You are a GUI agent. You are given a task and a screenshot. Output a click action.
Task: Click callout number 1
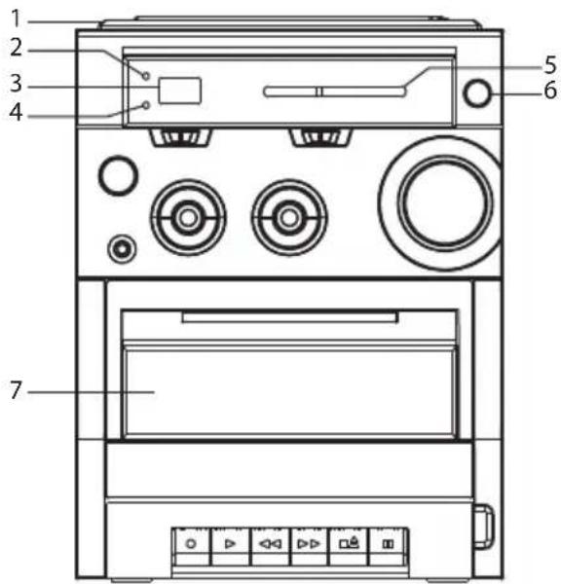pyautogui.click(x=16, y=18)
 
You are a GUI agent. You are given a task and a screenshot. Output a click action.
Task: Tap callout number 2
pyautogui.click(x=16, y=48)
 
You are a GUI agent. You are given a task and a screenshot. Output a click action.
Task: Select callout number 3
pyautogui.click(x=16, y=84)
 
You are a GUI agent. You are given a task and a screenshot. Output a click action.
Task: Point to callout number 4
pyautogui.click(x=16, y=112)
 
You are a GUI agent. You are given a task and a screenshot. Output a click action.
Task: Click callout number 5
pyautogui.click(x=550, y=65)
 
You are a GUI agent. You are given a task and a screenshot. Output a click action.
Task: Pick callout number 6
pyautogui.click(x=550, y=90)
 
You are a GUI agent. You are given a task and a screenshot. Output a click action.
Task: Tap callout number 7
pyautogui.click(x=16, y=390)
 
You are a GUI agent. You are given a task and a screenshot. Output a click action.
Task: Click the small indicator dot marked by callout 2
pyautogui.click(x=146, y=76)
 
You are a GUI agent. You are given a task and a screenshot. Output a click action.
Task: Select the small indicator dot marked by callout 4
pyautogui.click(x=146, y=105)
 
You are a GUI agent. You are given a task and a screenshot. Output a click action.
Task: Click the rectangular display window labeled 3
pyautogui.click(x=180, y=91)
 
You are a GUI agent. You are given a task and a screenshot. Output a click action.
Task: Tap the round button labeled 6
pyautogui.click(x=477, y=92)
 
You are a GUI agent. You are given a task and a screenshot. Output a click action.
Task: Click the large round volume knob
pyautogui.click(x=445, y=203)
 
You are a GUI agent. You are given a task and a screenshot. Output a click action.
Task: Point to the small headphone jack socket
pyautogui.click(x=122, y=248)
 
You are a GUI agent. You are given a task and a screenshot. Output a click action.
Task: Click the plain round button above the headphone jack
pyautogui.click(x=118, y=175)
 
